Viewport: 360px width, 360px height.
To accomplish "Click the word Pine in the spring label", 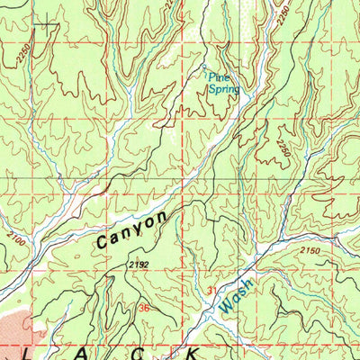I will tap(217, 77).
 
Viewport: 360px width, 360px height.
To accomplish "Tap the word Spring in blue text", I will tap(221, 88).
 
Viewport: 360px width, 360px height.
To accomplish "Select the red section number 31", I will tap(212, 290).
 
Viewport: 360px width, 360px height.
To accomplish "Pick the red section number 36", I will tap(144, 308).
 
